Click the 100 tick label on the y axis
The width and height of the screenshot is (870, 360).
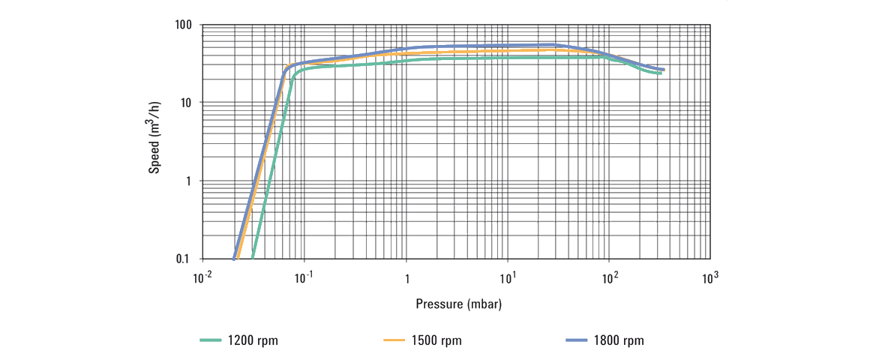pos(184,25)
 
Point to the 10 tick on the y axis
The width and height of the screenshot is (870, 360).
pos(187,103)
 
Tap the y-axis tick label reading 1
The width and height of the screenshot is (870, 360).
pos(190,181)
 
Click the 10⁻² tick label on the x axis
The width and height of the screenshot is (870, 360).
pos(202,278)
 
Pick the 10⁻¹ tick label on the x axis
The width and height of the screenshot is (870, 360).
pos(304,278)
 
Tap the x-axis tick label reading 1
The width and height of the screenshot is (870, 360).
pos(406,279)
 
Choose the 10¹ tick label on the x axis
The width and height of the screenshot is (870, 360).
pos(508,278)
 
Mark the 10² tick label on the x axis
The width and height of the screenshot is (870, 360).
pos(610,278)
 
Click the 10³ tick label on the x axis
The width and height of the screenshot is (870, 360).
pos(711,278)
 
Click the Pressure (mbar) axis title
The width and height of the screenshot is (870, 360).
pos(459,304)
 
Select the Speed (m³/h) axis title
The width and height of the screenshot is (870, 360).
pos(154,142)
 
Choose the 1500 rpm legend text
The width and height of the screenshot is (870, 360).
pos(436,341)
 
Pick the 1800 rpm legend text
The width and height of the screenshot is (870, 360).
pos(619,341)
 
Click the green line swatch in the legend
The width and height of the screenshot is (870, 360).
pos(211,341)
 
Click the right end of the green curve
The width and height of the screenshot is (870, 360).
pos(660,73)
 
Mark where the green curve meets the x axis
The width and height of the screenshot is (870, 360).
pos(253,259)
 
